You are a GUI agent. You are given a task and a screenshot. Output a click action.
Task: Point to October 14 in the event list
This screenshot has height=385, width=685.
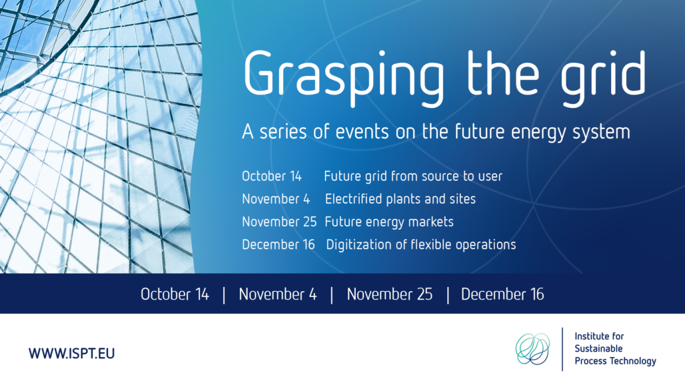pos(272,176)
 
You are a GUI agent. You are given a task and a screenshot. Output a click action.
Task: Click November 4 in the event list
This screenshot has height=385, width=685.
pos(276,199)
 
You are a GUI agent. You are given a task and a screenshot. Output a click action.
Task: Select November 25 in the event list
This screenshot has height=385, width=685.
pos(279,222)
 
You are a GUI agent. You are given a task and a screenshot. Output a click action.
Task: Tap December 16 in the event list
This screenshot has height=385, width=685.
pos(279,244)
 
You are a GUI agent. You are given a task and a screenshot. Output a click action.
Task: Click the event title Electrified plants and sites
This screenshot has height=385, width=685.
pos(400,199)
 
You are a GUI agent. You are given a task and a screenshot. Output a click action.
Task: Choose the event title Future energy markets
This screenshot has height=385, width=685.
pos(388,222)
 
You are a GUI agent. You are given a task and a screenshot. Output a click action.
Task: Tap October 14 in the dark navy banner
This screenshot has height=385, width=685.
pos(175,294)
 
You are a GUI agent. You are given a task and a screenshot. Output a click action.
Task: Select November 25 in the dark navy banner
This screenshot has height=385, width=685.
pos(390,294)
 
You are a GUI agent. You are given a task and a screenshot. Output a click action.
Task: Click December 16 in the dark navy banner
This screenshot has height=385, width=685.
pos(502,294)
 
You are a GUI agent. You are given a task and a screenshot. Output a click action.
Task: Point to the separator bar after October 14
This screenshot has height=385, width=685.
pos(224,294)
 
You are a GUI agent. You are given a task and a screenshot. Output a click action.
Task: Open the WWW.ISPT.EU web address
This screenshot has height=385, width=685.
pos(72,353)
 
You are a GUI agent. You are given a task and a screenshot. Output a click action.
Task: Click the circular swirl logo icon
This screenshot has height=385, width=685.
pos(532,349)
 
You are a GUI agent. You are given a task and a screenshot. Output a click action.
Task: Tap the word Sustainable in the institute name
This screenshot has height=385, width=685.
pos(598,348)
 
